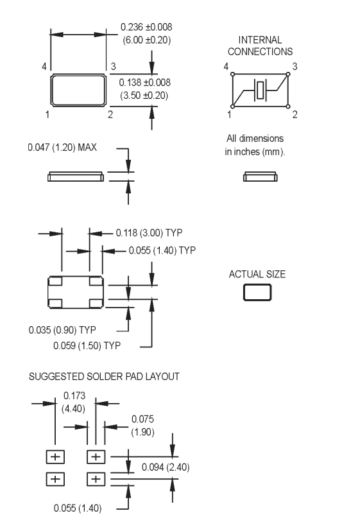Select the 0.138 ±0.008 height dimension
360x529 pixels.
(146, 89)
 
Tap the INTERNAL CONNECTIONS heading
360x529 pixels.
(257, 46)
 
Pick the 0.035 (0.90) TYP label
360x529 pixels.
(62, 330)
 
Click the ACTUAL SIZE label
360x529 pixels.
(257, 274)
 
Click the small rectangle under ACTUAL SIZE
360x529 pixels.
(257, 293)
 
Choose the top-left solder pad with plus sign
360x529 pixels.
(55, 456)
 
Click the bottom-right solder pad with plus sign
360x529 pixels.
(96, 478)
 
